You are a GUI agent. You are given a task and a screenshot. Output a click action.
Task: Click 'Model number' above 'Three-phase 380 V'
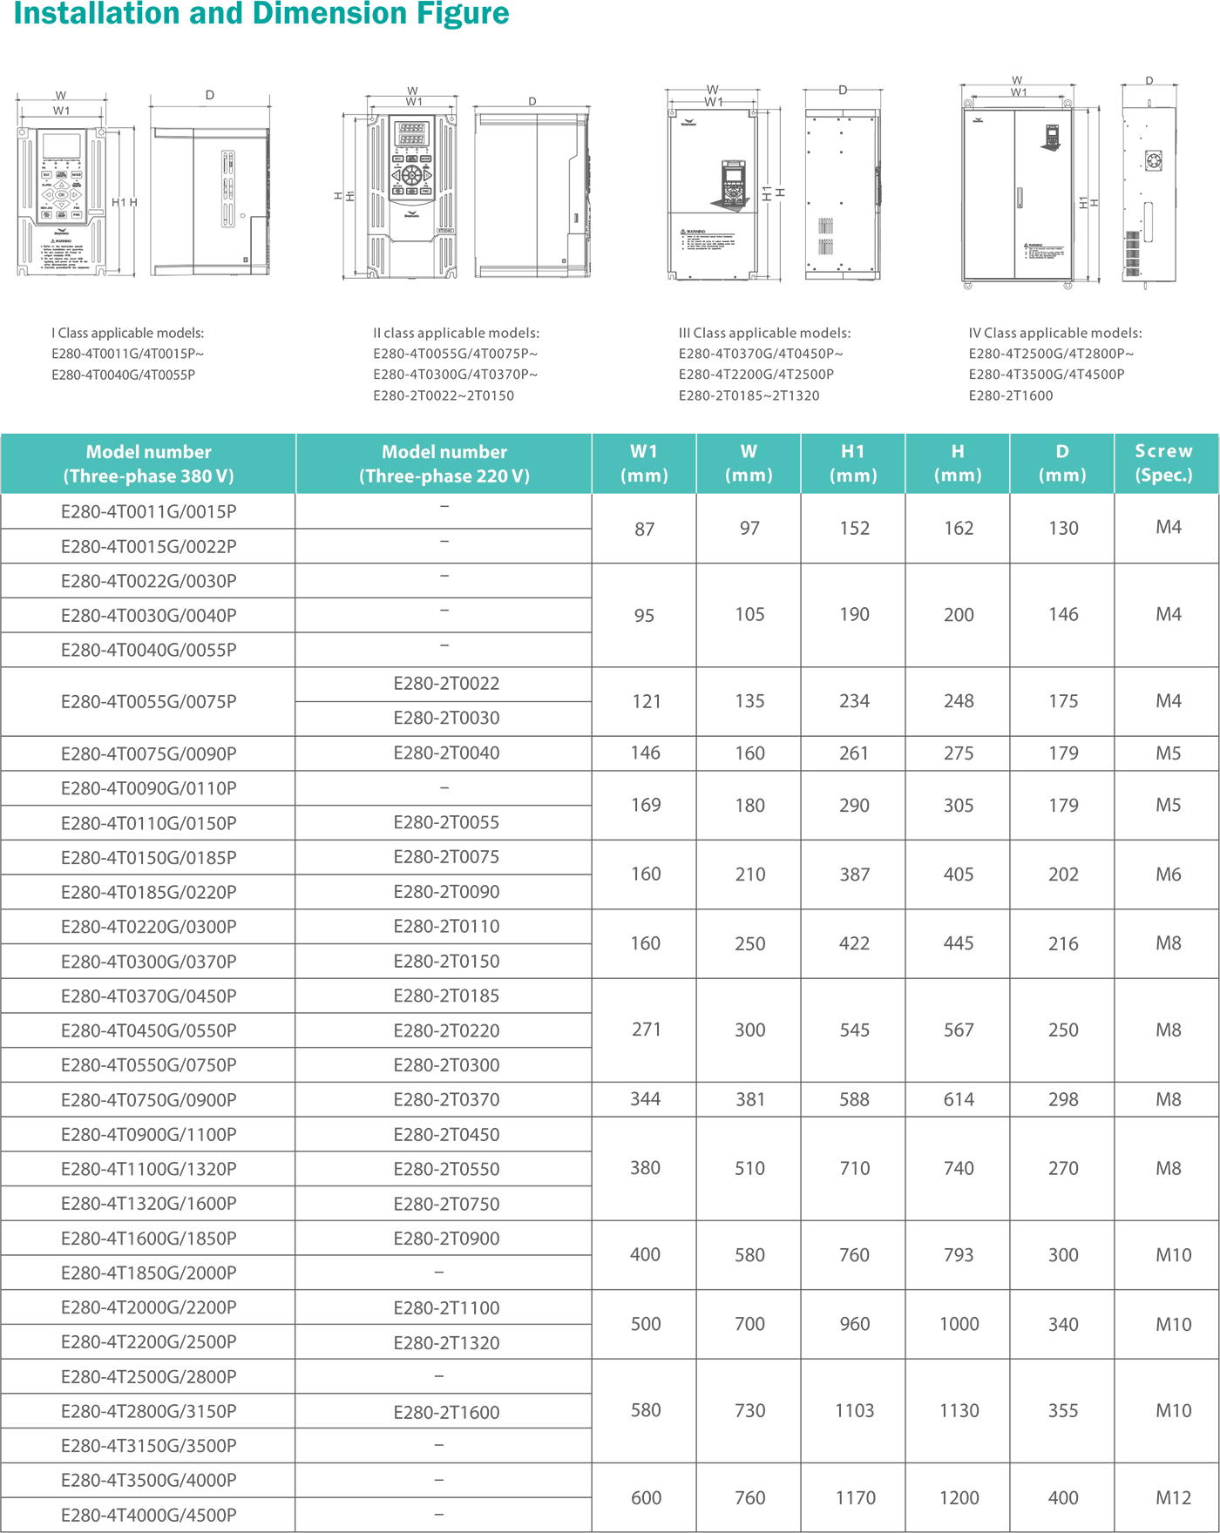pyautogui.click(x=148, y=452)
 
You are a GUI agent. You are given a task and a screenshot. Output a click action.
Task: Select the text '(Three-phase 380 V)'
pyautogui.click(x=148, y=476)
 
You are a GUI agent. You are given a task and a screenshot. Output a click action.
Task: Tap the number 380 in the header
pyautogui.click(x=196, y=476)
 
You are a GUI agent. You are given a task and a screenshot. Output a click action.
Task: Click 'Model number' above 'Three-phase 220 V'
pyautogui.click(x=444, y=452)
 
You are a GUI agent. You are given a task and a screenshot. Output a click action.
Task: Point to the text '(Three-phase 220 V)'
pyautogui.click(x=444, y=476)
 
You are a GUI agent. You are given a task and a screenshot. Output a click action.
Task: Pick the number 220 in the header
pyautogui.click(x=491, y=476)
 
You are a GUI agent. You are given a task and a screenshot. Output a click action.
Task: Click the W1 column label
pyautogui.click(x=644, y=451)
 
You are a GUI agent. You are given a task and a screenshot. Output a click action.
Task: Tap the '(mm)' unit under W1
pyautogui.click(x=644, y=476)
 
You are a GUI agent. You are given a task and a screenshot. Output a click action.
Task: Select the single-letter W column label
pyautogui.click(x=749, y=451)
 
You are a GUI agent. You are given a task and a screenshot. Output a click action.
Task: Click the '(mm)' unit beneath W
pyautogui.click(x=749, y=476)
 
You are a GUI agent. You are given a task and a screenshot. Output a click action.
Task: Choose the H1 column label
pyautogui.click(x=853, y=451)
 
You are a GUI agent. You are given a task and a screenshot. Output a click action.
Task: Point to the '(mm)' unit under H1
pyautogui.click(x=853, y=476)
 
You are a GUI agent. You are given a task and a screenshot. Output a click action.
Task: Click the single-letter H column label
pyautogui.click(x=958, y=451)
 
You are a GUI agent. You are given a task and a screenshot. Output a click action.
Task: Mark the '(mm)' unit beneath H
pyautogui.click(x=958, y=476)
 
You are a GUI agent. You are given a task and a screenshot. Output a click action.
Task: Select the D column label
pyautogui.click(x=1062, y=451)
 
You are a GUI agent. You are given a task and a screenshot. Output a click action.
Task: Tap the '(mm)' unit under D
pyautogui.click(x=1062, y=476)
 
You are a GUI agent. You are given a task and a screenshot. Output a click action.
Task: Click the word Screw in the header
pyautogui.click(x=1164, y=451)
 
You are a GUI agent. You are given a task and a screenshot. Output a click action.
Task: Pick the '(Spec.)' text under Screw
pyautogui.click(x=1164, y=476)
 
